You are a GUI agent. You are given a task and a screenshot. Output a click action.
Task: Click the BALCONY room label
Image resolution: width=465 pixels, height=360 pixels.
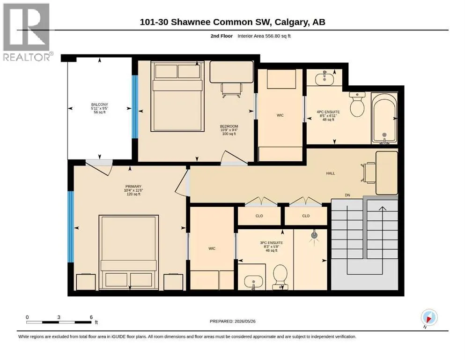100,105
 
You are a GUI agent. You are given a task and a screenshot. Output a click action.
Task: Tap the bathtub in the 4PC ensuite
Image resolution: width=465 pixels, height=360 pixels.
384,118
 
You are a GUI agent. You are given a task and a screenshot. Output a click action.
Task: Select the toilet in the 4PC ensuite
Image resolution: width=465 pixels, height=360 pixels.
357,105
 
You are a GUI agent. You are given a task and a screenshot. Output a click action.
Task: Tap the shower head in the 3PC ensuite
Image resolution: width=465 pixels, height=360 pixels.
314,236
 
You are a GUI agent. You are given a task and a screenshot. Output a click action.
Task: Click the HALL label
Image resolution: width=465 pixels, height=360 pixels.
330,173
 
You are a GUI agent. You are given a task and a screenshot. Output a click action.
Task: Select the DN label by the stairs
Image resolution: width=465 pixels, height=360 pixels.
347,195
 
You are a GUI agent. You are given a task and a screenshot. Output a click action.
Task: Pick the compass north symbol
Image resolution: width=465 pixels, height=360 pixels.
429,318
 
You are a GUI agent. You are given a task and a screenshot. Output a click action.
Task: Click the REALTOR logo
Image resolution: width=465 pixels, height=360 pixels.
27,32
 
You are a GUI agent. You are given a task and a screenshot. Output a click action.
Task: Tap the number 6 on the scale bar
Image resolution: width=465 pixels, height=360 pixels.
91,317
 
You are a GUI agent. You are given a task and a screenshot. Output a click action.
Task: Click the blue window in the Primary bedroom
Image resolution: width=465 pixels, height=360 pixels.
71,227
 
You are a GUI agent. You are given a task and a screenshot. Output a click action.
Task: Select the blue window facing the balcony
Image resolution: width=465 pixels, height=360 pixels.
135,106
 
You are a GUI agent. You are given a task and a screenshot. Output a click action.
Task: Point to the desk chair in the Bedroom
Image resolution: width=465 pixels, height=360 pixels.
231,90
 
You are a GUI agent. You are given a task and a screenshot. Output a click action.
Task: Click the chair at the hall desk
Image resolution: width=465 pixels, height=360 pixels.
368,172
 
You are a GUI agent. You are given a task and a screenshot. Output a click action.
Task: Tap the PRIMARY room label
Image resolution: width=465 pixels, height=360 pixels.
133,187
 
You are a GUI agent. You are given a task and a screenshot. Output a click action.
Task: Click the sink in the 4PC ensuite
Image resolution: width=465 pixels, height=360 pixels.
325,78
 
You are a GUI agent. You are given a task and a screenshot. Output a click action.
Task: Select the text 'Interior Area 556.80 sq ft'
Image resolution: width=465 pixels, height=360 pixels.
264,36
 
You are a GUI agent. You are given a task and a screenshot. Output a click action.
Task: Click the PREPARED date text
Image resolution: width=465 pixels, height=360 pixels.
232,321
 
